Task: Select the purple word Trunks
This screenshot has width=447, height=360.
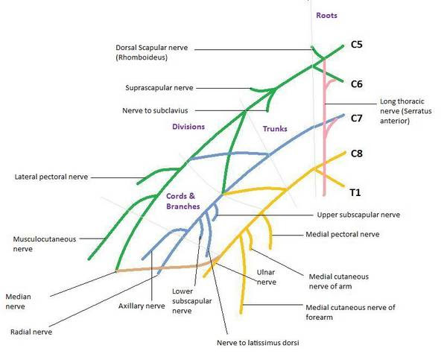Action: click(275, 128)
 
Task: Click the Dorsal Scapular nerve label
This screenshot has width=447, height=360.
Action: click(155, 52)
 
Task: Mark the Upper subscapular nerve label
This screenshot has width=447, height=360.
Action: click(358, 214)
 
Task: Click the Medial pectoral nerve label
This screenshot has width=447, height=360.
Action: click(343, 234)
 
